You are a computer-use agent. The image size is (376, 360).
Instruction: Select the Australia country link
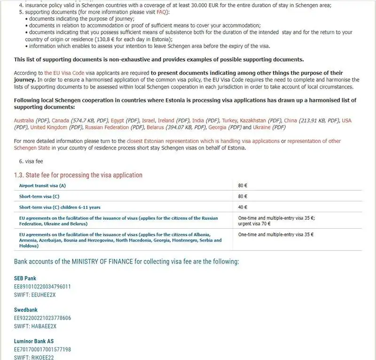click(x=24, y=120)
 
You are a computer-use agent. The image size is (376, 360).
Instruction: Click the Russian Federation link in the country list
click(x=107, y=128)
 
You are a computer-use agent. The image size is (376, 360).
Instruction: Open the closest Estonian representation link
click(x=203, y=141)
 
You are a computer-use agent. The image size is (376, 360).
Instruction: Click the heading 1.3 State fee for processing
click(x=78, y=175)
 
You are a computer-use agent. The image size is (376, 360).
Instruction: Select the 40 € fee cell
click(x=243, y=207)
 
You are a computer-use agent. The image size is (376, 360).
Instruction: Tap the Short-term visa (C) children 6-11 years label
click(x=60, y=207)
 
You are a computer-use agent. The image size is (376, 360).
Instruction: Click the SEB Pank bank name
click(x=25, y=278)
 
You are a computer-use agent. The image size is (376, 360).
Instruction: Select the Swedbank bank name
click(x=26, y=310)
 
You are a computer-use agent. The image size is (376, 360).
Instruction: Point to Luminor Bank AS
click(x=34, y=342)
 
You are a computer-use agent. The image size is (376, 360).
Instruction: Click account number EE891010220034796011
click(x=42, y=286)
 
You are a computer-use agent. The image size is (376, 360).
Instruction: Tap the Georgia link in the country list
click(x=219, y=128)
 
